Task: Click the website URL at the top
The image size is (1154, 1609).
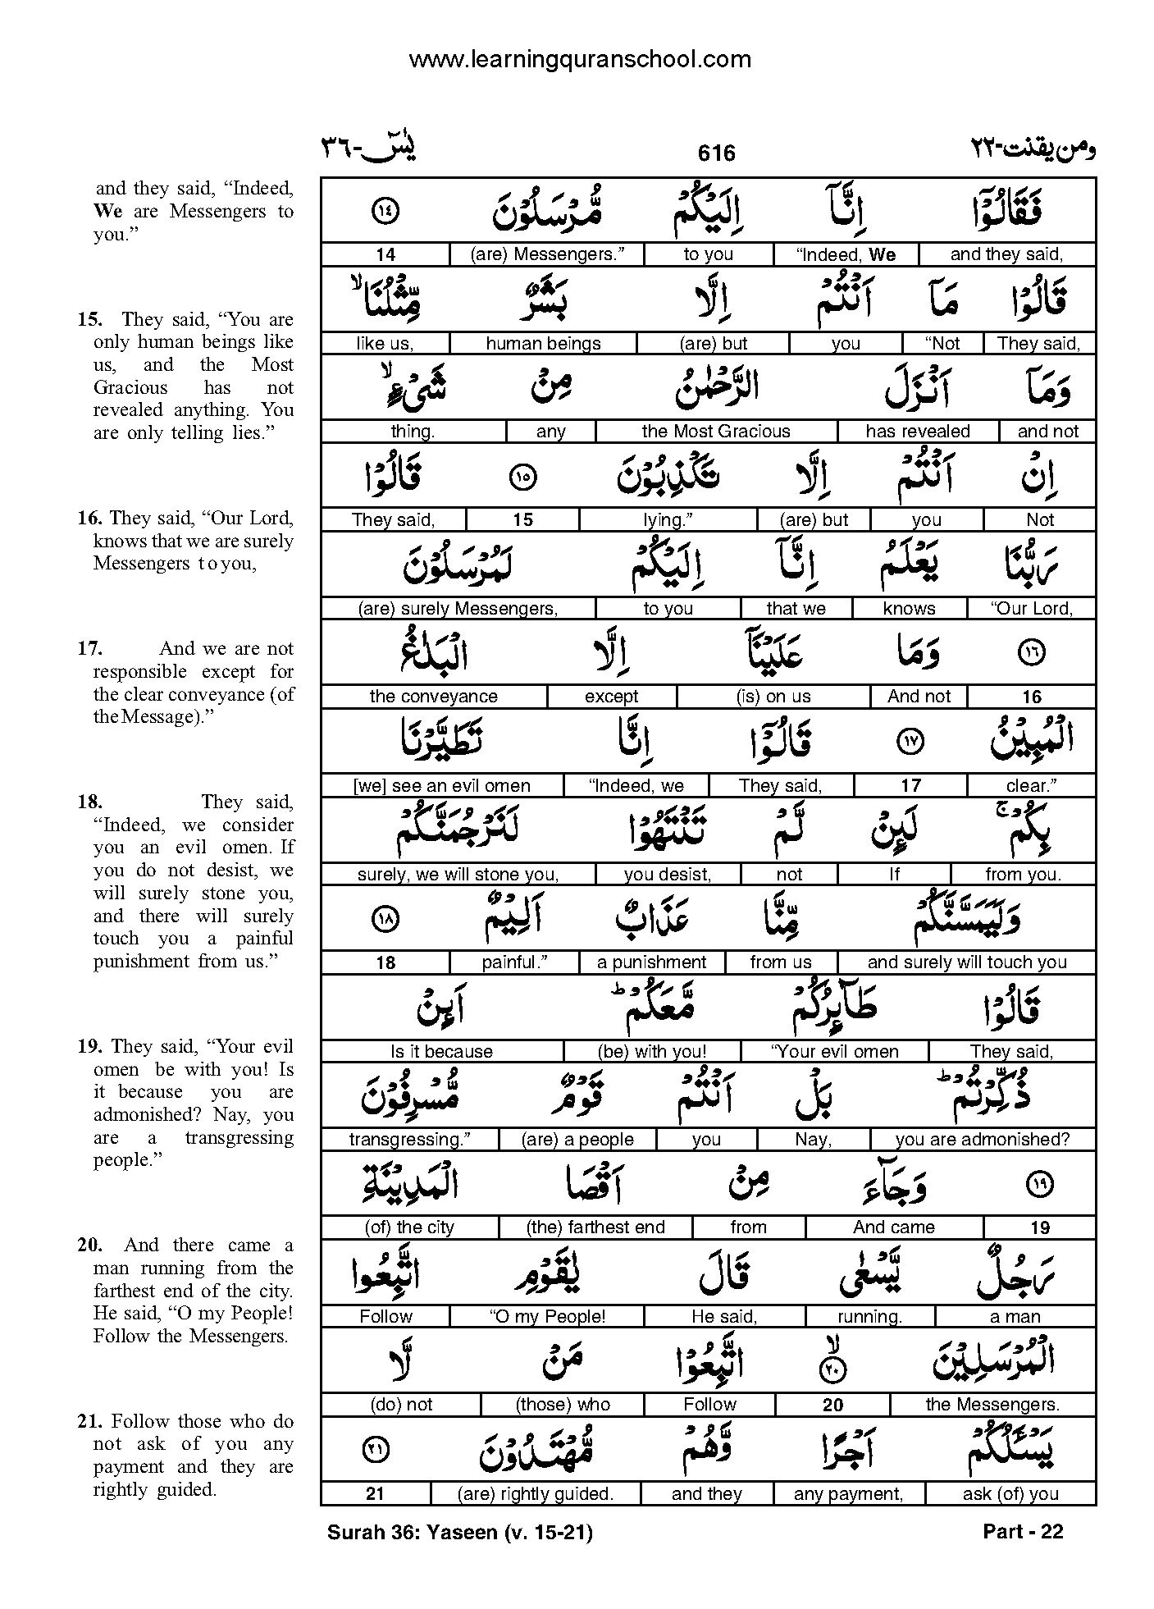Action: coord(579,59)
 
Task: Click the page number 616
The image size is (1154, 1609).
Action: coord(716,153)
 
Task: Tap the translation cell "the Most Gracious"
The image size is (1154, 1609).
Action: coord(715,432)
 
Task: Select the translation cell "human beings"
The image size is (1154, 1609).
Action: coord(543,344)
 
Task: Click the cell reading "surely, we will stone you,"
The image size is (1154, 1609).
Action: coord(458,875)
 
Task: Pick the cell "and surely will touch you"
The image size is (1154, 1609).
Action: coord(966,962)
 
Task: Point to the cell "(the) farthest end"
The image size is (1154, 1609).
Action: coord(595,1227)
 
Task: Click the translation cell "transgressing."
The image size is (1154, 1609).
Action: coord(408,1140)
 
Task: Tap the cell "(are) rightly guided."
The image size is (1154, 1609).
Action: coord(536,1494)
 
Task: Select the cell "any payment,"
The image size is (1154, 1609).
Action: coord(848,1494)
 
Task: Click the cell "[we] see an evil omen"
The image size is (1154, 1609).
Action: coord(441,786)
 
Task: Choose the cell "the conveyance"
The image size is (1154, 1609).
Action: coord(433,697)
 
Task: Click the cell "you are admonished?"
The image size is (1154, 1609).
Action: coord(982,1140)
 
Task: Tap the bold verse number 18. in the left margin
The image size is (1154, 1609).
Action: coord(90,802)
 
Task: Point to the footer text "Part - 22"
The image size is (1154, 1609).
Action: coord(1021,1531)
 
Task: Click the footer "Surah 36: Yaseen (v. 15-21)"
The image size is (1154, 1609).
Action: coord(459,1531)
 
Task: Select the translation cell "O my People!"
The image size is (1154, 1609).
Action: coord(547,1317)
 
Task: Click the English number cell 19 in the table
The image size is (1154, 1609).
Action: coord(1039,1228)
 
